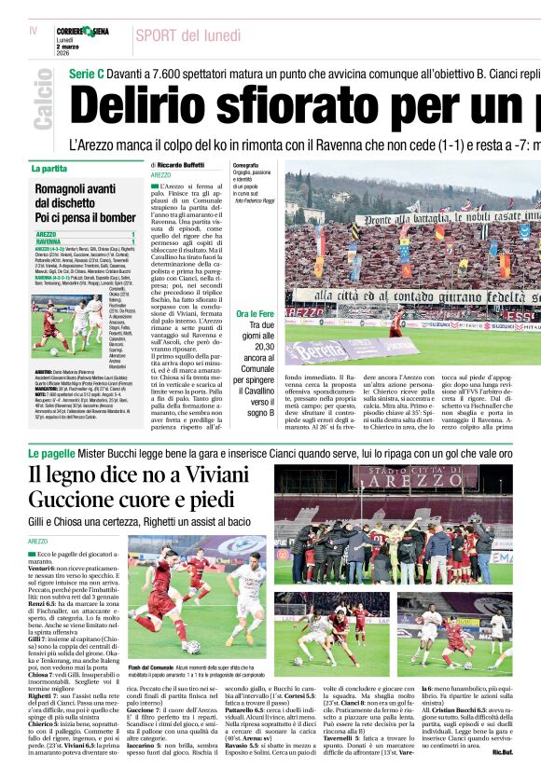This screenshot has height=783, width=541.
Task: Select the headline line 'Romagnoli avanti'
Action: pos(75,189)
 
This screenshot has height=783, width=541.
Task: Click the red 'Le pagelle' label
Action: pos(50,453)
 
